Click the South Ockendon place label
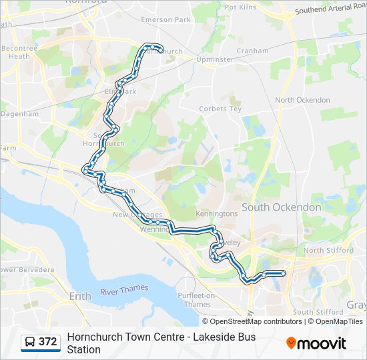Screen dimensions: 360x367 coord(281,207)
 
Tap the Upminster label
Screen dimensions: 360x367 coord(215,59)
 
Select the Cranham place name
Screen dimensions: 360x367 coord(252,51)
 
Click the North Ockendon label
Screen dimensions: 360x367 coord(302,100)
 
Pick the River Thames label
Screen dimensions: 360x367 coord(124,290)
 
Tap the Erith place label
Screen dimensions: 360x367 coord(80,295)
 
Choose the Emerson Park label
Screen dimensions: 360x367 coord(165,20)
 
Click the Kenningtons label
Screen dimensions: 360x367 coord(216,214)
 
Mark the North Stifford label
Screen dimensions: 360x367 coord(327,251)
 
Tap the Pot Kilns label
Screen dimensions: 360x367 coord(241,7)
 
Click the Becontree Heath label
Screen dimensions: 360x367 coord(19,52)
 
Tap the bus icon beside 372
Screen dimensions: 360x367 coord(30,342)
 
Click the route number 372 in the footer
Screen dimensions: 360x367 coord(47,342)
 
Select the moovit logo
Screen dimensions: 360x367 coord(316,343)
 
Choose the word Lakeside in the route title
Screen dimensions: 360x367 coord(214,337)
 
